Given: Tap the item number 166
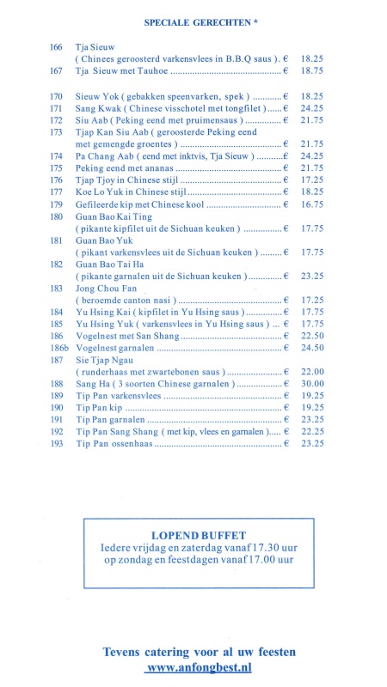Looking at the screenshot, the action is coord(57,45).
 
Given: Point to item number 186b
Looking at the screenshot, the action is coord(59,347).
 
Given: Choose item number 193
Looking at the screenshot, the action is coord(57,443).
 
